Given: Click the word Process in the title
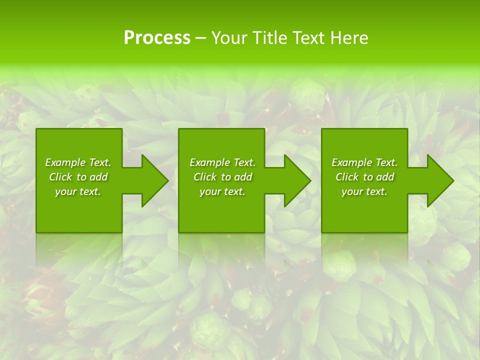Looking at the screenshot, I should point(157,38).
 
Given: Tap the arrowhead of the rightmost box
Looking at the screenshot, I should point(445,180).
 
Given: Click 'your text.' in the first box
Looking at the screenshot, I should point(78,191).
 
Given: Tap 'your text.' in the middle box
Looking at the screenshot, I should point(222,191).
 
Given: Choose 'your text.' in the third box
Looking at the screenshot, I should point(364,191).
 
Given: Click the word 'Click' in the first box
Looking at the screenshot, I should point(60,177).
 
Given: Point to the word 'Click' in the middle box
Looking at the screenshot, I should point(205,177).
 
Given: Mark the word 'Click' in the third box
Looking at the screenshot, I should point(347,177).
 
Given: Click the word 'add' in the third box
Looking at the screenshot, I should point(385,177).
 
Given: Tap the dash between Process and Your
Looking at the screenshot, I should point(200,38).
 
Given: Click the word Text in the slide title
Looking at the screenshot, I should point(308,38).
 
